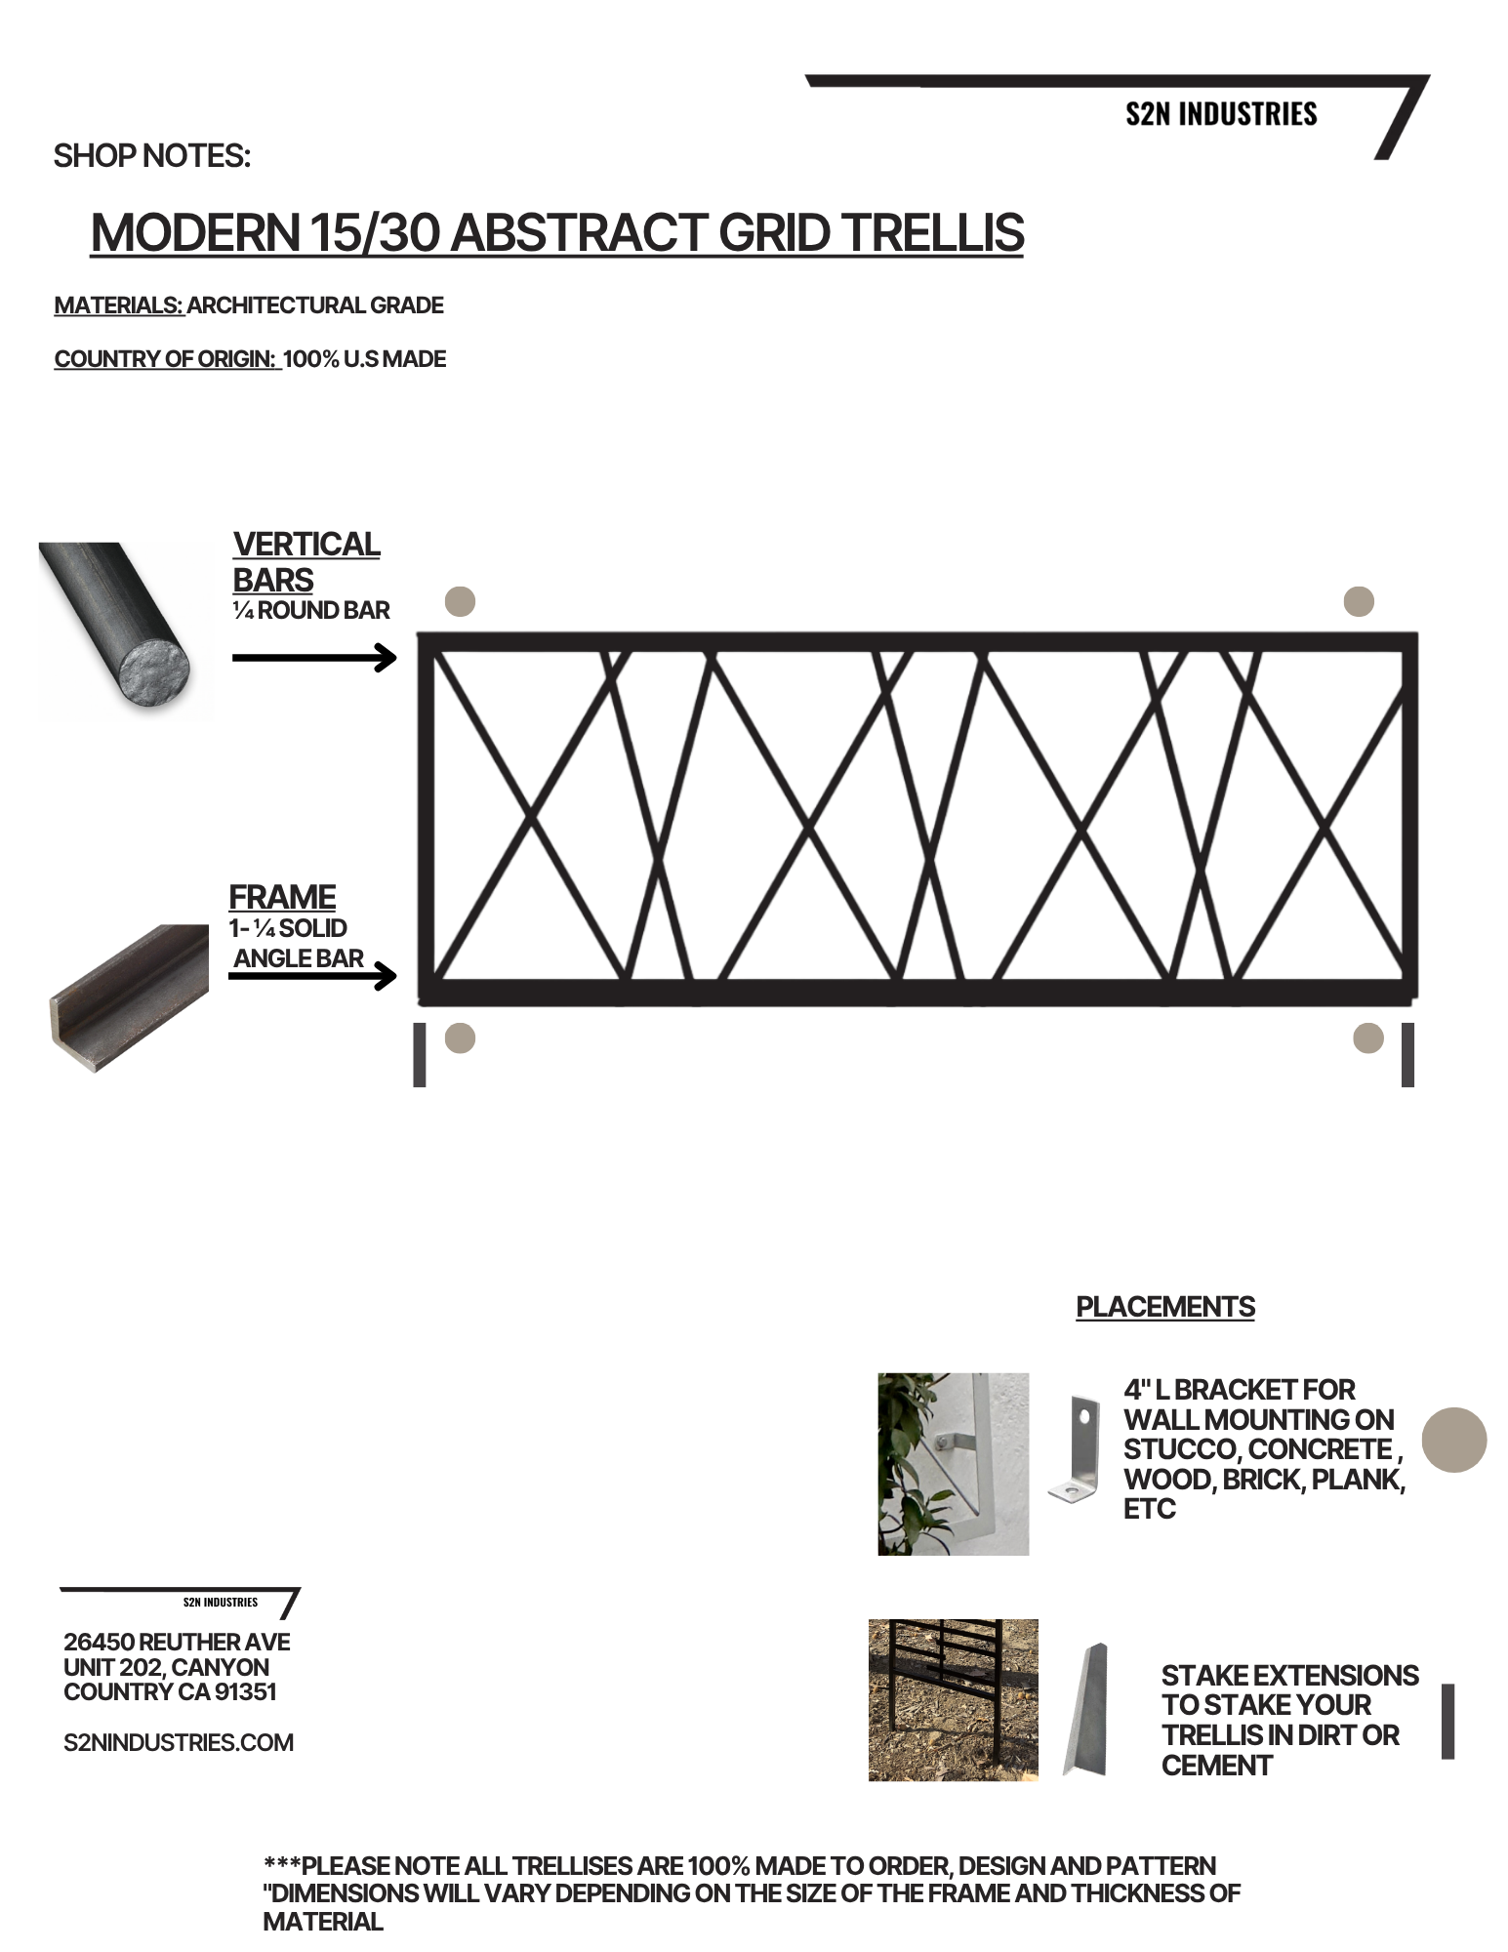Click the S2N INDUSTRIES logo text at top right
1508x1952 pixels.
[1220, 114]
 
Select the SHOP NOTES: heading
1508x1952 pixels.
[151, 156]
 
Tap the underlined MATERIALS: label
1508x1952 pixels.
[119, 305]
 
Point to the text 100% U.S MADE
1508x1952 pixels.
[364, 359]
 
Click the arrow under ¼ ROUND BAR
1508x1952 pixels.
[313, 658]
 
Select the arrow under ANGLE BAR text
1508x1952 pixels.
[312, 975]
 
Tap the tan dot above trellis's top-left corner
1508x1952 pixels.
[460, 601]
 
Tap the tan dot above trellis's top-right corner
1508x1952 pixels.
[1359, 601]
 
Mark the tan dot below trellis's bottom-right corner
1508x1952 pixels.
[1367, 1037]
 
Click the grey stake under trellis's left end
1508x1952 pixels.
[420, 1054]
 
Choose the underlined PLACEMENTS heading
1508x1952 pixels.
[1164, 1307]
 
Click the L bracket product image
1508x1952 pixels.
[1075, 1447]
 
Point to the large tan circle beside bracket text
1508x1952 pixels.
[1453, 1439]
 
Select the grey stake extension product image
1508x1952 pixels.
[1086, 1708]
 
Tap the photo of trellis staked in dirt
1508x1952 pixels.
[953, 1699]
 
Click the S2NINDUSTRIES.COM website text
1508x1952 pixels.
[179, 1742]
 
